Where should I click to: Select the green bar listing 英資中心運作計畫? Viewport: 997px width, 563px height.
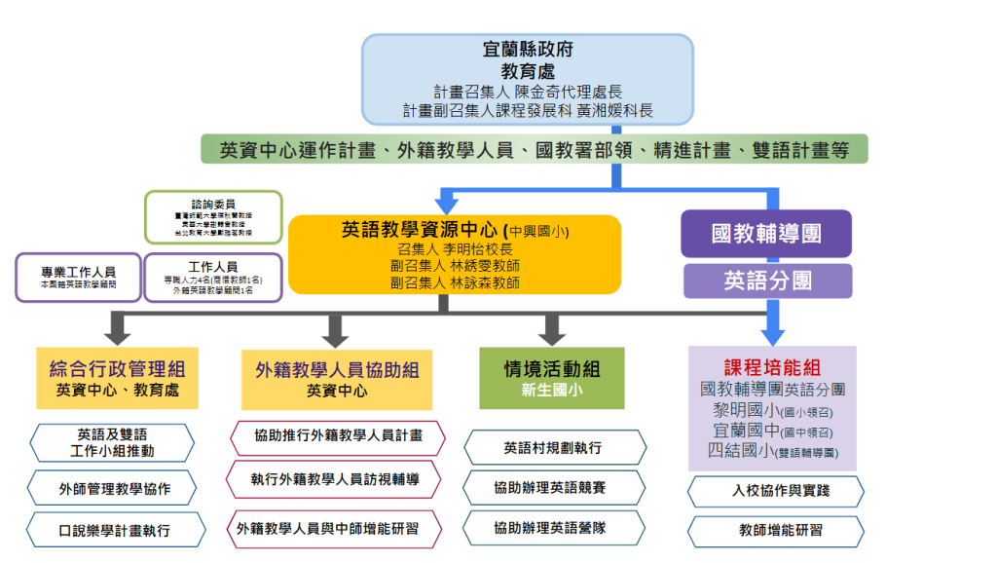click(x=534, y=150)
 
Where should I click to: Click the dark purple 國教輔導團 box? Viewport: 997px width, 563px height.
click(x=767, y=234)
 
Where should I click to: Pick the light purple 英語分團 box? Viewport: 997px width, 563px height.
click(x=767, y=281)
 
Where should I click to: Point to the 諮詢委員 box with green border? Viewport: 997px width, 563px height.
click(x=213, y=216)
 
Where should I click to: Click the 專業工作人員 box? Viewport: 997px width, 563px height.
click(x=78, y=278)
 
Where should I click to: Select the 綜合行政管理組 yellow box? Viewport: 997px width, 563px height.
click(x=117, y=378)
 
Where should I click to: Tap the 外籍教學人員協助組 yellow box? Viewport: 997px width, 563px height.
click(x=337, y=378)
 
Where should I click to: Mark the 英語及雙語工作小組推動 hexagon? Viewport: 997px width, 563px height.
click(x=117, y=442)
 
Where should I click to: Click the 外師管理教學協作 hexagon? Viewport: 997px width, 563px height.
click(x=117, y=488)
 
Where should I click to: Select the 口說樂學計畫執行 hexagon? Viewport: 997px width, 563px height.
click(x=117, y=530)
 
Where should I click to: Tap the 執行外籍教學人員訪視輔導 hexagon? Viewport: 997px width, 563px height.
click(x=337, y=478)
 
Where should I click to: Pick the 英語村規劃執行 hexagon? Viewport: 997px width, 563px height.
click(x=553, y=448)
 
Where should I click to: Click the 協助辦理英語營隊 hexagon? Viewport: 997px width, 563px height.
click(x=553, y=528)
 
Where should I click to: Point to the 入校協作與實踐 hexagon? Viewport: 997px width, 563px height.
click(x=775, y=491)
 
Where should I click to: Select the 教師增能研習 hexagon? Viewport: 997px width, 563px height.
click(x=775, y=531)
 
